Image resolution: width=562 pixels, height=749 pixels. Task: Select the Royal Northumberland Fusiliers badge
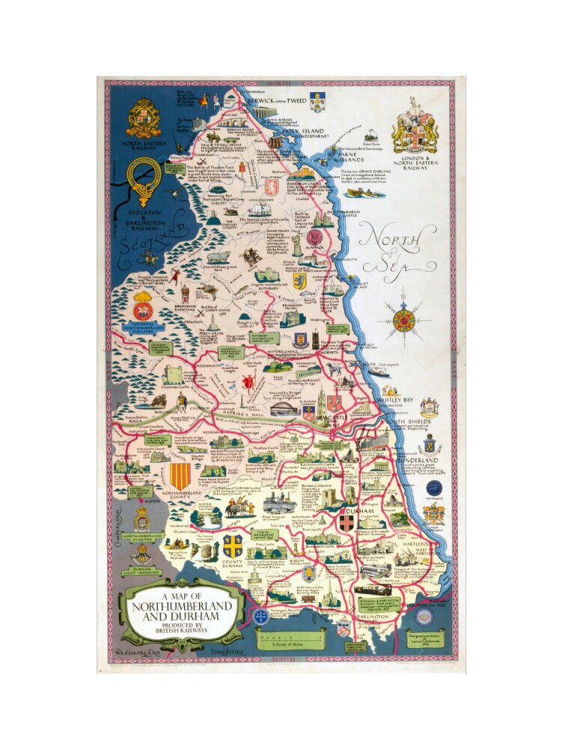[142, 308]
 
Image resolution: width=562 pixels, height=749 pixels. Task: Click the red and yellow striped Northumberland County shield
[180, 477]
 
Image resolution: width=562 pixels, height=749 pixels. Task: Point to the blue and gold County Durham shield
[232, 545]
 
